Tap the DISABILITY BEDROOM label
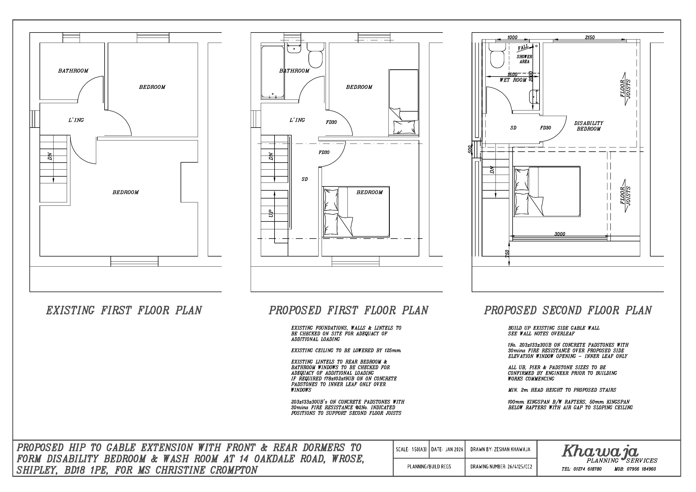coord(589,126)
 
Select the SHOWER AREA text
coord(524,59)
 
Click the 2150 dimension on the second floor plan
coord(590,37)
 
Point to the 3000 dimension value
coord(560,234)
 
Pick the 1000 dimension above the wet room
coord(512,37)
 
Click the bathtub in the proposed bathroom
coord(273,72)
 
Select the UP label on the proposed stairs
coord(271,213)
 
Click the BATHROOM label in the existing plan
coord(73,71)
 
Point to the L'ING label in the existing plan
coord(76,120)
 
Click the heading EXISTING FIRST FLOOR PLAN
coord(124,310)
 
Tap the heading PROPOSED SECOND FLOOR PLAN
coord(568,310)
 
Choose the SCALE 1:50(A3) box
coord(411,449)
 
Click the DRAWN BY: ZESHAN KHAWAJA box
coord(501,449)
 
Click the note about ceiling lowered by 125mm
coord(346,351)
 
